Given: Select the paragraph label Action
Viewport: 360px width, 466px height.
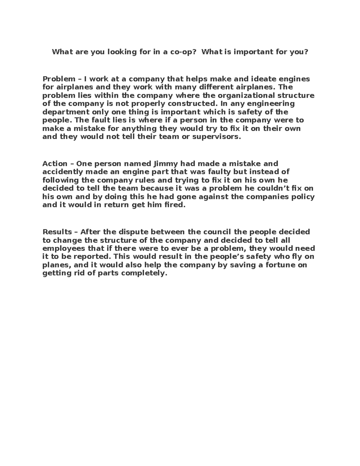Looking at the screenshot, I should pos(55,164).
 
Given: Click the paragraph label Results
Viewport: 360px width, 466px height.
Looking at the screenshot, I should pos(57,232).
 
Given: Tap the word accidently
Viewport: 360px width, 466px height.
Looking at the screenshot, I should pos(62,172).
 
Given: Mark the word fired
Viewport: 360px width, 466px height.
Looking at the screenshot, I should pos(173,205).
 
